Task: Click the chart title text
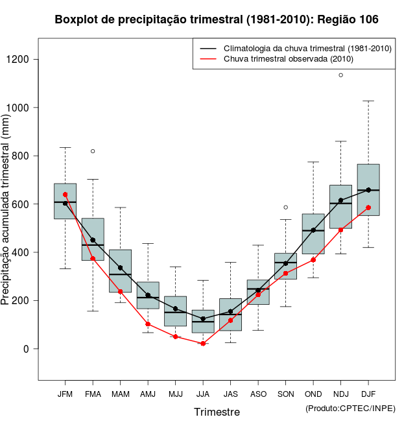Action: tap(217, 20)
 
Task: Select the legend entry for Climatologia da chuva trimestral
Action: tap(307, 49)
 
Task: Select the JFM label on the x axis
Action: tap(65, 394)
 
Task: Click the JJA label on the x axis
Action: tap(203, 394)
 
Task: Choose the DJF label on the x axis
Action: tap(368, 394)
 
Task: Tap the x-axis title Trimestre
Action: tap(217, 412)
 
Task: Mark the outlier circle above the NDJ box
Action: tap(341, 75)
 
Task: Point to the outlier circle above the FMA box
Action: tap(93, 151)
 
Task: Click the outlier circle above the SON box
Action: tap(286, 208)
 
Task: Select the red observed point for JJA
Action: tap(203, 344)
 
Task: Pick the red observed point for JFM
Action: tap(65, 195)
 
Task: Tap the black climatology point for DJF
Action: tap(368, 190)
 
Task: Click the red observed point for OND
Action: tap(313, 260)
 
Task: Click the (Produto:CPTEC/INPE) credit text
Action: tap(350, 407)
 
